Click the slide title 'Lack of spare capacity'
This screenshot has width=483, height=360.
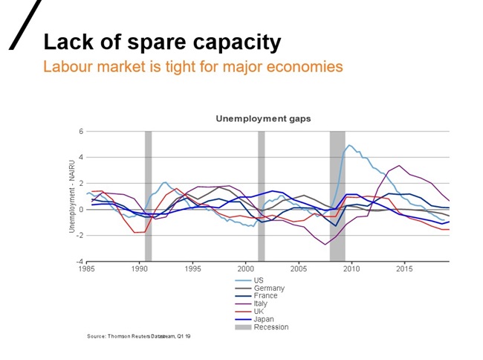coord(162,42)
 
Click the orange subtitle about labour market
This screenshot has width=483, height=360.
coord(193,67)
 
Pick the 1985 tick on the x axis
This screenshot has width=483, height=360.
coord(87,268)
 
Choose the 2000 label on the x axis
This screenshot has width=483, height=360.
coord(246,268)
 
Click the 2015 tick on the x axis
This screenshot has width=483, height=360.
coord(405,268)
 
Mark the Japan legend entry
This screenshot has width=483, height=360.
coord(262,319)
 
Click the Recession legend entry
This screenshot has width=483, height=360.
coord(270,327)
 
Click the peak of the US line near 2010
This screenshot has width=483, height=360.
coord(350,145)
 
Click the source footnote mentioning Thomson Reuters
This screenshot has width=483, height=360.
coord(139,337)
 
